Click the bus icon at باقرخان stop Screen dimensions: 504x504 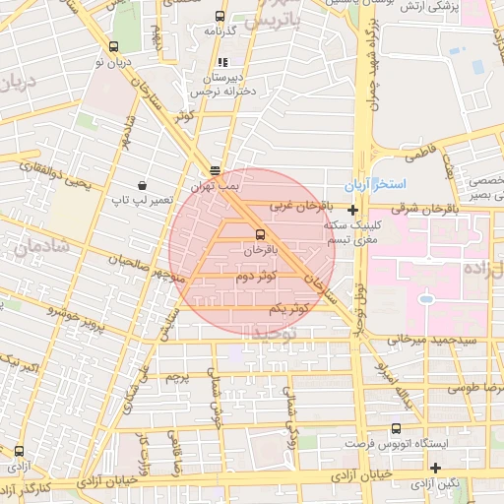coord(260,234)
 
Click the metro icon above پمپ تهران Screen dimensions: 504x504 coord(215,170)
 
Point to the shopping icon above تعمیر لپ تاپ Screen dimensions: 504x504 coord(143,185)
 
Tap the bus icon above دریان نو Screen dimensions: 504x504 coord(113,46)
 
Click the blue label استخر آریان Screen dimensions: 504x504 coord(367,186)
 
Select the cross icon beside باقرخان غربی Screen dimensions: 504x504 coord(352,210)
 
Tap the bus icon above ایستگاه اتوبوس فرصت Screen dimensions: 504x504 coord(396,428)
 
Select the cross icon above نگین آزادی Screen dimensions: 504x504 coord(435,466)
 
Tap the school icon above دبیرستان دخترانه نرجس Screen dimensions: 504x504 coord(233,64)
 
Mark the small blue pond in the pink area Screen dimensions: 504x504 coord(425,296)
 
